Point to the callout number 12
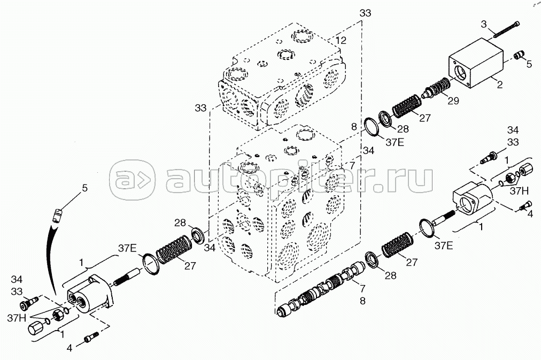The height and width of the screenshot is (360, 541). tap(341, 40)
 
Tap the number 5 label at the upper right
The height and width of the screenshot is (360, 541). tap(529, 64)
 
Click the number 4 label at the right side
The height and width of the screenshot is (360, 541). tap(530, 213)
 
